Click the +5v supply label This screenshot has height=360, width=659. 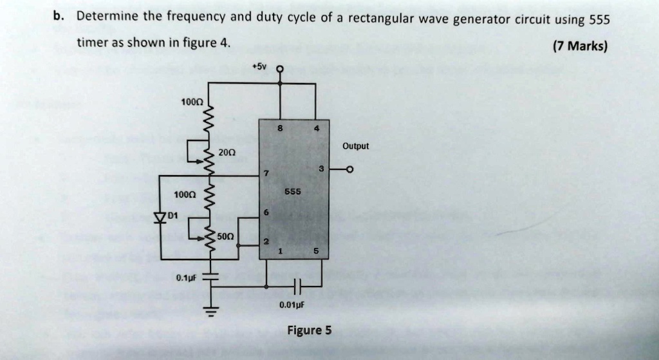pyautogui.click(x=259, y=66)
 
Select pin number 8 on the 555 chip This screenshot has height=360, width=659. pyautogui.click(x=280, y=128)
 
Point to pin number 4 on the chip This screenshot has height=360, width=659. pyautogui.click(x=316, y=128)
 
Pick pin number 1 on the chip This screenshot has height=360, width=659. pyautogui.click(x=281, y=251)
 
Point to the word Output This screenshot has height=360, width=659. pyautogui.click(x=355, y=146)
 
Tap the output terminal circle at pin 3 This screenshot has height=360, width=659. pyautogui.click(x=349, y=170)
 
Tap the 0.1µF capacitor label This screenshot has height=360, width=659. pyautogui.click(x=187, y=278)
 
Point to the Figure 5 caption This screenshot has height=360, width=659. pyautogui.click(x=309, y=330)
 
